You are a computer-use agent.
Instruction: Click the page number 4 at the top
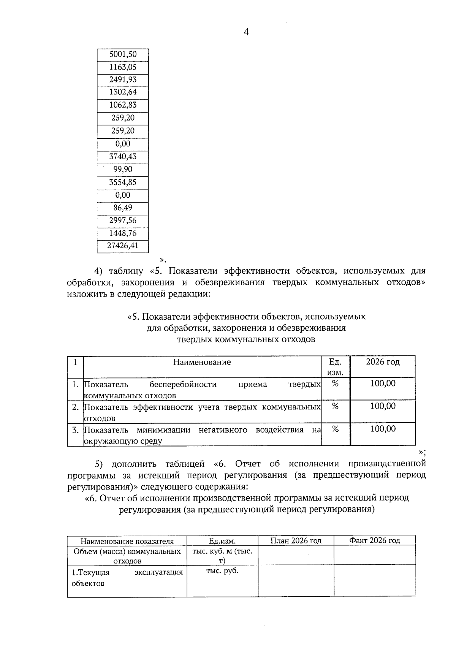coord(246,33)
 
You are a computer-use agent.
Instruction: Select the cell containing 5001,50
coord(123,54)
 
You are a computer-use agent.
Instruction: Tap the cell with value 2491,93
coord(123,80)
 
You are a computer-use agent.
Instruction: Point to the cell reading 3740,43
coord(123,157)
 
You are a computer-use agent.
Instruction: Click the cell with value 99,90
coord(123,170)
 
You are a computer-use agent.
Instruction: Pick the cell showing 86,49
coord(123,208)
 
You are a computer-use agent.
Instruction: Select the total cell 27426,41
coord(123,246)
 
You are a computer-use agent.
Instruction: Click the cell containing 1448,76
coord(123,233)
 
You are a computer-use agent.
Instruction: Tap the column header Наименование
coord(202,362)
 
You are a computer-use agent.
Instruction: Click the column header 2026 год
coord(383,362)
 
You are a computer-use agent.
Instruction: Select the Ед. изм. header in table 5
coord(335,367)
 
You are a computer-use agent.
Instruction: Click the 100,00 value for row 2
coord(383,406)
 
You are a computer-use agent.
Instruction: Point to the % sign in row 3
coord(335,429)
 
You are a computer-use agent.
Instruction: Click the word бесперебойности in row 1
coord(183,384)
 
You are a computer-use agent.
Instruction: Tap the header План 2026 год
coord(296,540)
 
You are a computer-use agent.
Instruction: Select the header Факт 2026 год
coord(375,540)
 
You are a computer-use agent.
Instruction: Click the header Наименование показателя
coord(127,541)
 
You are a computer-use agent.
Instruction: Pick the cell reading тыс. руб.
coord(222,571)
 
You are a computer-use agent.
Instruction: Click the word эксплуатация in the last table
coord(158,572)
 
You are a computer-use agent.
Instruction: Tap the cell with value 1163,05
coord(123,67)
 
